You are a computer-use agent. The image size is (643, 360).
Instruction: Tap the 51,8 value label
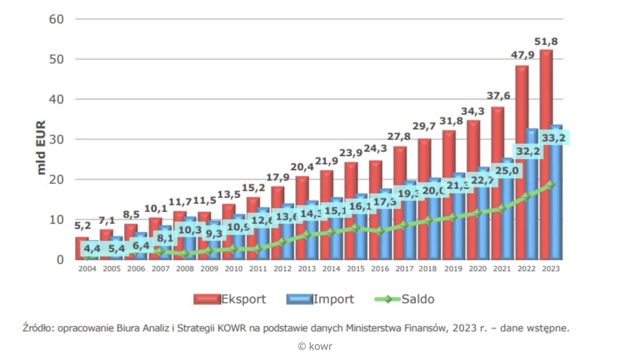point(546,42)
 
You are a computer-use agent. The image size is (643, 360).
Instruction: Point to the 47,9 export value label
point(522,55)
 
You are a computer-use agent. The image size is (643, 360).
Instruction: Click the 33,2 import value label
point(553,138)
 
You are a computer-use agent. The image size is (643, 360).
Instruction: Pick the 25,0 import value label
point(507,171)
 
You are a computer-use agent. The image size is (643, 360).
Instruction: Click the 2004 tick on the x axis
point(87,269)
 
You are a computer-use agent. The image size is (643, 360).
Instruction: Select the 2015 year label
point(356,269)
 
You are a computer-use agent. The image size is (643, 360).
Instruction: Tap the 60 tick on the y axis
point(56,19)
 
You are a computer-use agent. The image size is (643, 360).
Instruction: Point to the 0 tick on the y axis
point(60,260)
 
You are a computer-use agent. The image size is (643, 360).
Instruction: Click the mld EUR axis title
point(41,147)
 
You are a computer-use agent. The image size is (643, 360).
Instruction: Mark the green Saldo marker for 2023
point(551,184)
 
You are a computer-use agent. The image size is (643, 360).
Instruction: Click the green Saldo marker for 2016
point(380,231)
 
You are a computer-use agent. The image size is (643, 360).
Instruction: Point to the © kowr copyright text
point(315,346)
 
